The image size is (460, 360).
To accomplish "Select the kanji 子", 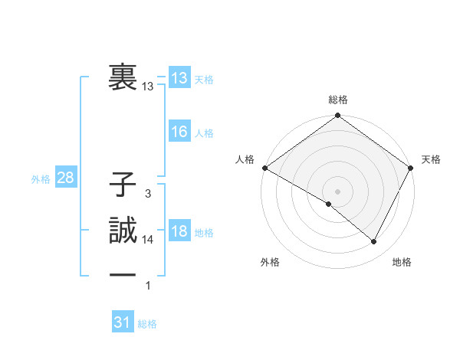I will (x=123, y=187).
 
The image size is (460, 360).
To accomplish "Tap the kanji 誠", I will (x=123, y=232).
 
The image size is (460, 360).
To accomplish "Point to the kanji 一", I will (x=123, y=274).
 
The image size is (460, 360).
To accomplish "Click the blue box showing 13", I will (x=179, y=78).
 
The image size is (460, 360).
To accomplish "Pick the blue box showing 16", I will (x=179, y=132).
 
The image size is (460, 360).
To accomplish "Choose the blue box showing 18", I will (x=179, y=232).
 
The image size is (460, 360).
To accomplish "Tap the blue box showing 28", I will (x=66, y=178).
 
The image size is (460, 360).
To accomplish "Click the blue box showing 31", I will (x=123, y=323).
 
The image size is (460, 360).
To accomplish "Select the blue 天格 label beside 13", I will (x=204, y=80).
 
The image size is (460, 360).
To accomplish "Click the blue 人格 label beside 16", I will (x=204, y=133).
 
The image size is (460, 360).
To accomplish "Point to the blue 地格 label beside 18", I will (x=204, y=233).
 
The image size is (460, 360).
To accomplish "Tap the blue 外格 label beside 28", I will (x=41, y=179).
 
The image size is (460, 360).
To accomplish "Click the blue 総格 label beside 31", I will (x=147, y=324).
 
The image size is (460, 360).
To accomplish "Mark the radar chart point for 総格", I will (x=337, y=116).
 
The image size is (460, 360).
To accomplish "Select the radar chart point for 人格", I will (x=264, y=168).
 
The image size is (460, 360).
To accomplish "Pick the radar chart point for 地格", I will (x=374, y=242).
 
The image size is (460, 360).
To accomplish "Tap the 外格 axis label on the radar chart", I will (x=270, y=263).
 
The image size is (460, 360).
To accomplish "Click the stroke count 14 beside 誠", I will (x=148, y=240).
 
